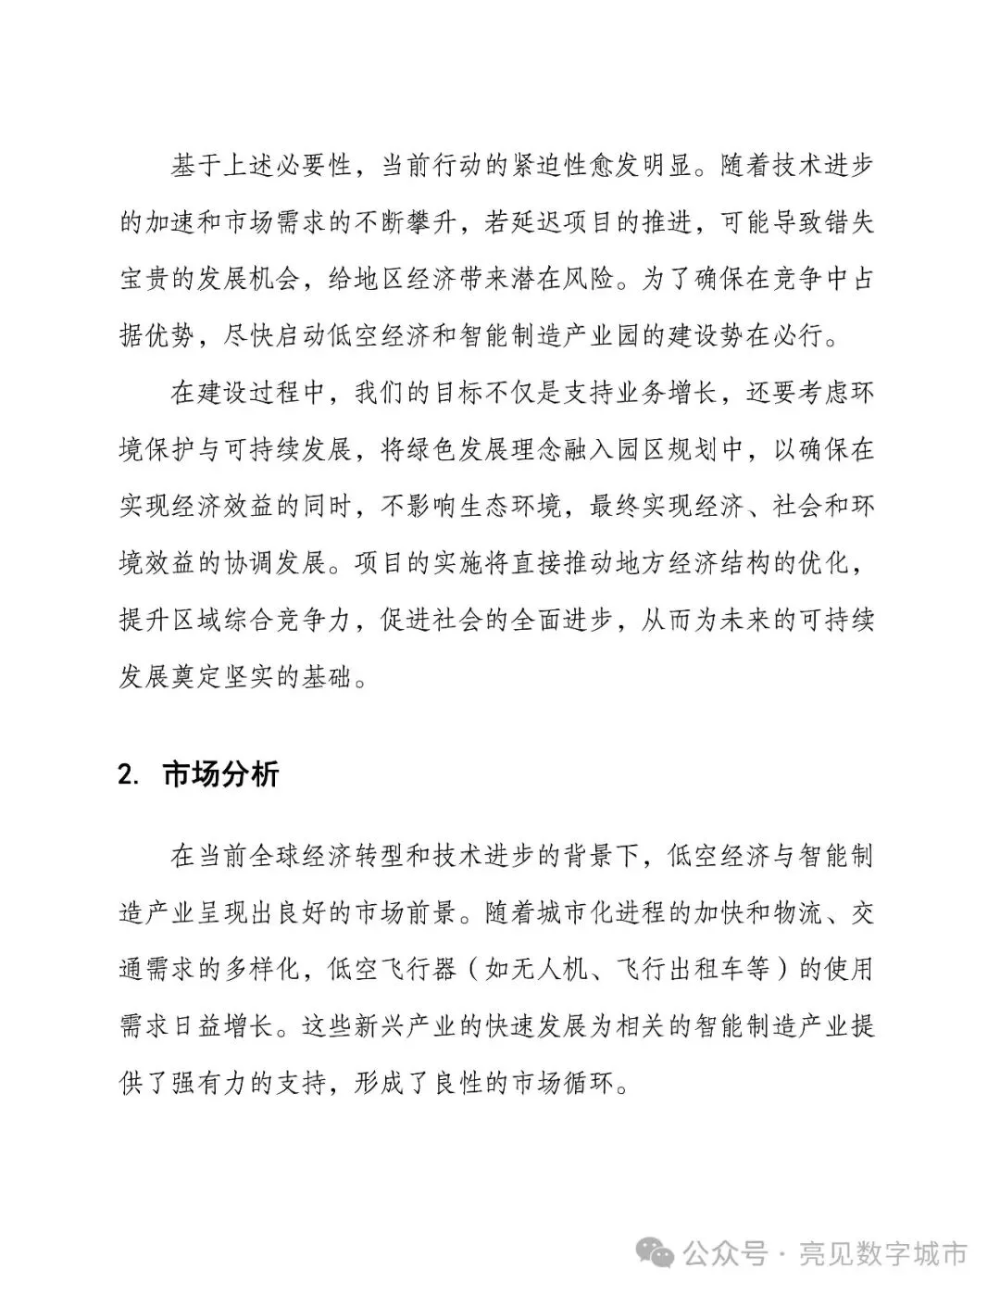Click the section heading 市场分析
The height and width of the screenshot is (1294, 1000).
tap(220, 774)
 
